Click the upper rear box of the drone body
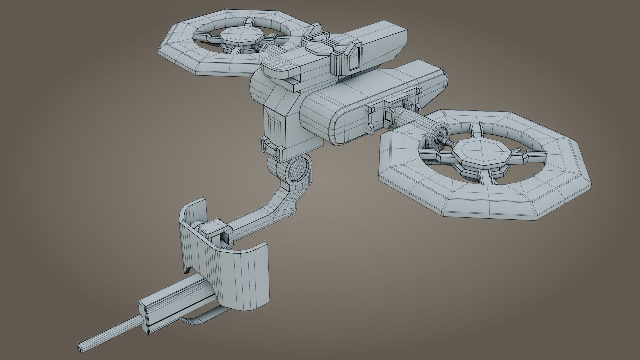(383, 47)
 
